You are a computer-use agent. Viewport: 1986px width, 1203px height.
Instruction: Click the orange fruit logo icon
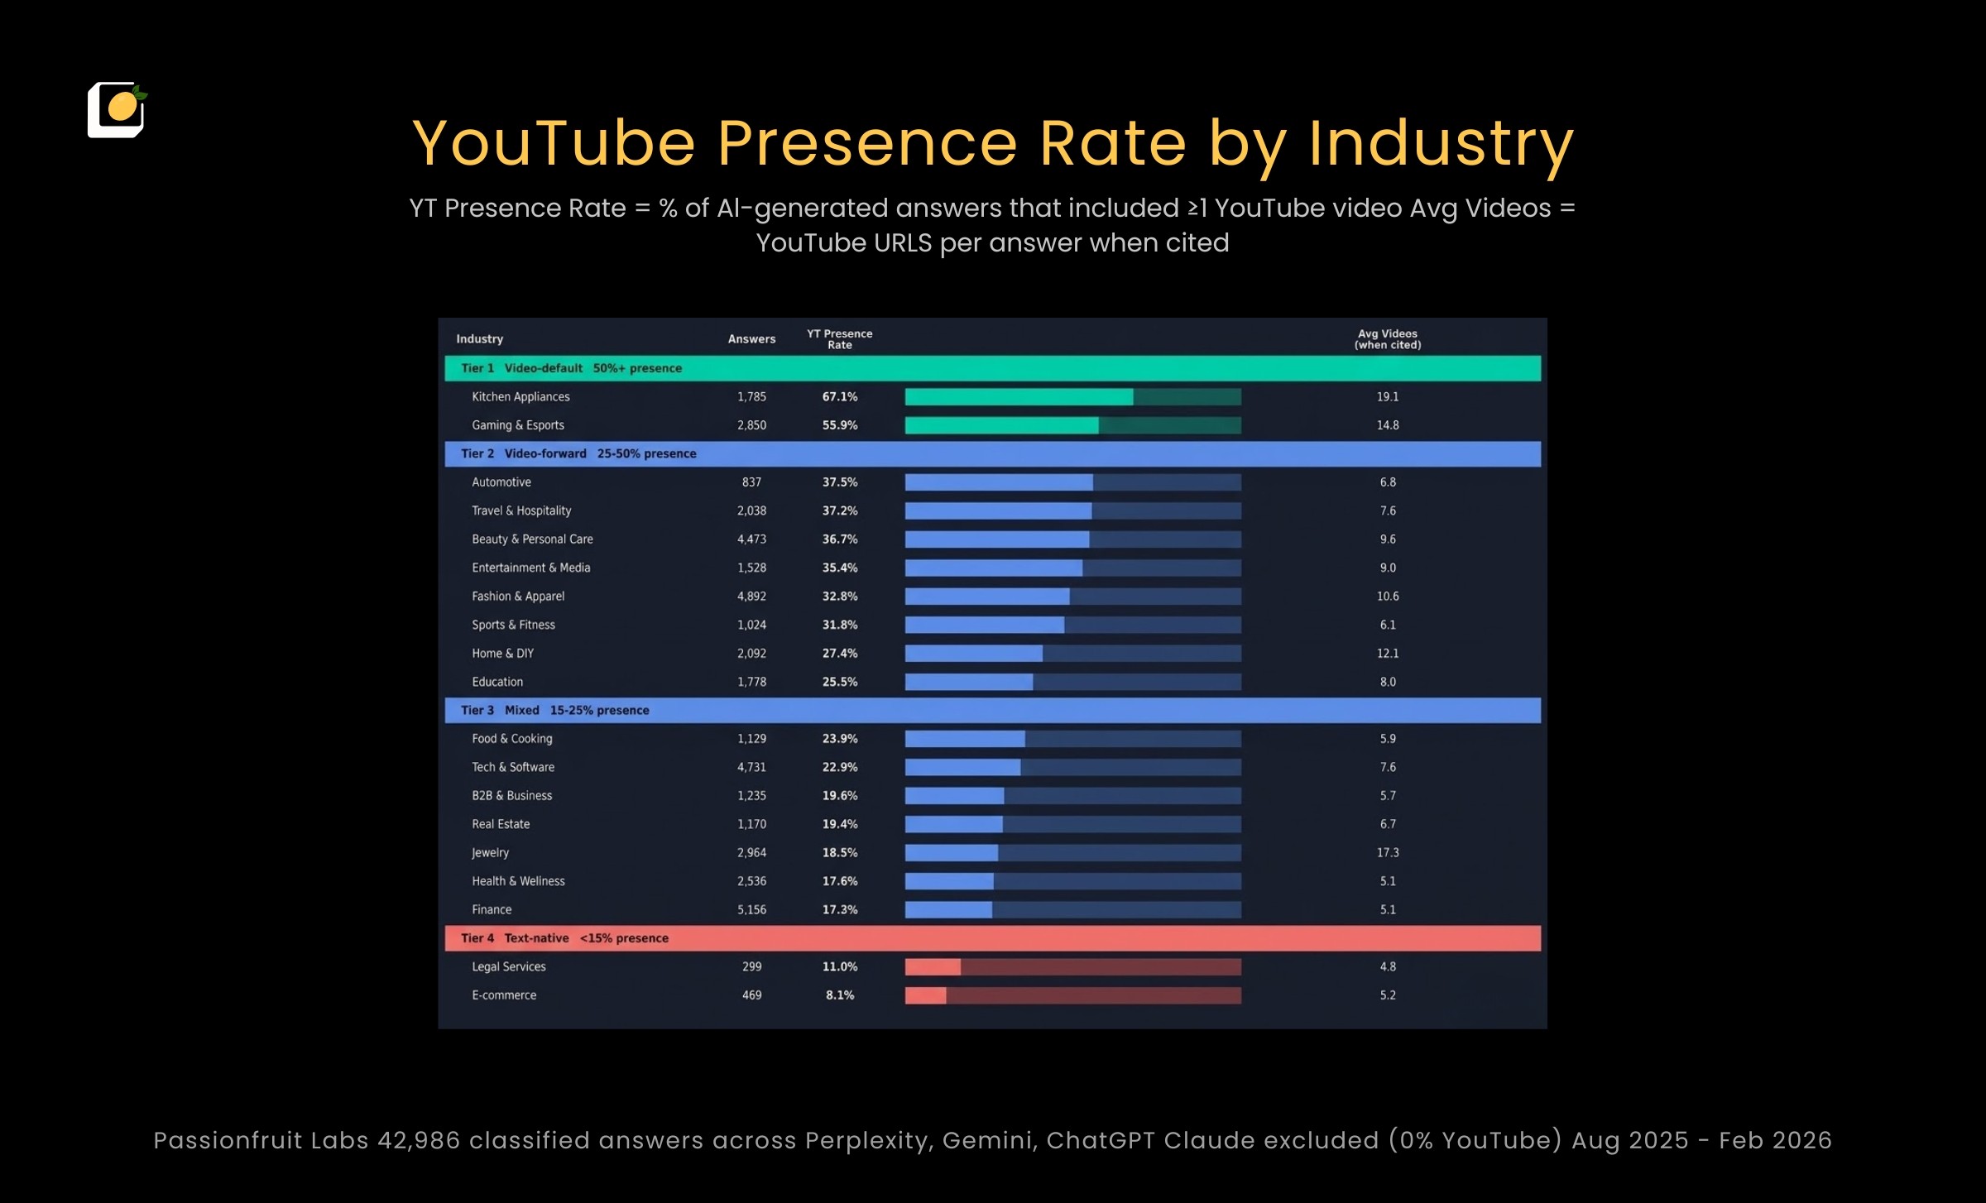tap(117, 109)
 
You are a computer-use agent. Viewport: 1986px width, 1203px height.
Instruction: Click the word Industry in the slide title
tap(1441, 144)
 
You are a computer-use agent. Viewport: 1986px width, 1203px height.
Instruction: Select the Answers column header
tap(751, 339)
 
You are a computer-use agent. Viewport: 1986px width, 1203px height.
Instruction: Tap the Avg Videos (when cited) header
tap(1387, 339)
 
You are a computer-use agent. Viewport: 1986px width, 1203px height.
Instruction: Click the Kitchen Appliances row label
tap(520, 397)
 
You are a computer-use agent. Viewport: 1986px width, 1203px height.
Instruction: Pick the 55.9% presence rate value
tap(839, 425)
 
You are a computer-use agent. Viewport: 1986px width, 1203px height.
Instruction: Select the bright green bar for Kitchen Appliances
tap(1019, 397)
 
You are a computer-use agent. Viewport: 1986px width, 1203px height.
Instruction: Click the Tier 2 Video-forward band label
tap(578, 453)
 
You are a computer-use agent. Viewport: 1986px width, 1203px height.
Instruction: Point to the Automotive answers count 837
tap(751, 482)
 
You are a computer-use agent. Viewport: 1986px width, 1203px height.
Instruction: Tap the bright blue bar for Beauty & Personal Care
tap(996, 539)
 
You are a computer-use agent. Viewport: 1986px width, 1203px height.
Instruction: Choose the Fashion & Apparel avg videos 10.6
tap(1387, 597)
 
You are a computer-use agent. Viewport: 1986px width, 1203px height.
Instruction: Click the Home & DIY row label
tap(502, 654)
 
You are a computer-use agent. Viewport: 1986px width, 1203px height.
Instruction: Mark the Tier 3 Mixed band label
tap(554, 710)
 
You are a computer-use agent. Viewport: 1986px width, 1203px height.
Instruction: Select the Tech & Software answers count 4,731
tap(751, 767)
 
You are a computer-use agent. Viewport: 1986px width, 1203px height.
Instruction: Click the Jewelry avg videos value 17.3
tap(1387, 852)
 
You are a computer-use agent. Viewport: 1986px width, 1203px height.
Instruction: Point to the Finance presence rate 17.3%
tap(839, 909)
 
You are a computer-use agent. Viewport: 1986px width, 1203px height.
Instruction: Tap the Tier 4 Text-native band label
tap(564, 938)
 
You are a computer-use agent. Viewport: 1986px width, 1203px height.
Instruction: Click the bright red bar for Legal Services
tap(933, 966)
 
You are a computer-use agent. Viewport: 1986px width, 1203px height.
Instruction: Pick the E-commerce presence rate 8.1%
tap(839, 995)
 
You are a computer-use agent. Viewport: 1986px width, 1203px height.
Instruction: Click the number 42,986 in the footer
tap(418, 1140)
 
